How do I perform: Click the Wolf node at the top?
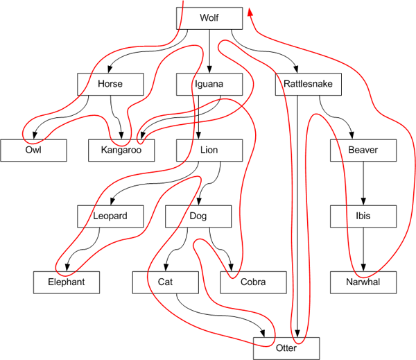coord(209,18)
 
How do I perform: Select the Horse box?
coord(110,84)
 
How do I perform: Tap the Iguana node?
coord(209,84)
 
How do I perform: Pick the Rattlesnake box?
coord(308,84)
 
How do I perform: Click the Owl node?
coord(33,150)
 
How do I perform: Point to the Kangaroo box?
coord(121,150)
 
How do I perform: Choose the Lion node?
coord(209,150)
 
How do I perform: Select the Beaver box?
coord(363,150)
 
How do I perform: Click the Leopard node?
coord(110,216)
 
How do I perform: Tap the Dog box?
coord(198,216)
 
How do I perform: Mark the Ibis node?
coord(363,216)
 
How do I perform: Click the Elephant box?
coord(67,282)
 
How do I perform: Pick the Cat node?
coord(165,282)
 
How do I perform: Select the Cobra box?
coord(253,282)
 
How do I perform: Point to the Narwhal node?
coord(363,282)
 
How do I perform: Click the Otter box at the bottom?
coord(286,348)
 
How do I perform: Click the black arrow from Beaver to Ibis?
coord(363,183)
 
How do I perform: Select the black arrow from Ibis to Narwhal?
coord(363,249)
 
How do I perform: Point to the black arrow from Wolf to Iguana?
coord(209,51)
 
